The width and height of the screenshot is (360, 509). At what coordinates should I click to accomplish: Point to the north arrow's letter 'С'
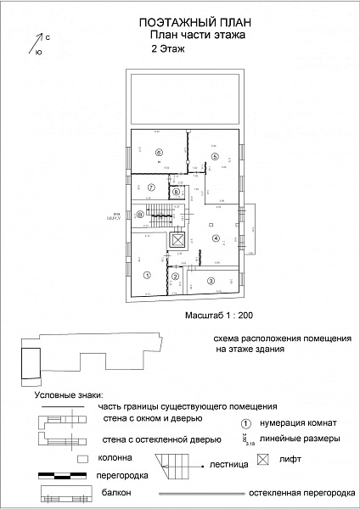tap(48, 37)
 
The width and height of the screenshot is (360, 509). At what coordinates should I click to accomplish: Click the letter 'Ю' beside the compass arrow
tap(38, 52)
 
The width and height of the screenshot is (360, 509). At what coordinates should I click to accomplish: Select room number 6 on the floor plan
tap(158, 152)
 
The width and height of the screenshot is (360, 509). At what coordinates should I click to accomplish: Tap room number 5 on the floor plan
tap(216, 157)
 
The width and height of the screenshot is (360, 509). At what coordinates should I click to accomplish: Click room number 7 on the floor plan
tap(150, 187)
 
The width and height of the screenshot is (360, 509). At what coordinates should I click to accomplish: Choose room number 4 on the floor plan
tap(216, 238)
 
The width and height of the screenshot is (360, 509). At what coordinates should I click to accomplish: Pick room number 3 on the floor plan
tap(211, 281)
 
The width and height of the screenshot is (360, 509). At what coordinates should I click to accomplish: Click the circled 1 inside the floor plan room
tap(146, 275)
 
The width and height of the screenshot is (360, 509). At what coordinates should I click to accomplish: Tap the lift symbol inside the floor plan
tap(177, 241)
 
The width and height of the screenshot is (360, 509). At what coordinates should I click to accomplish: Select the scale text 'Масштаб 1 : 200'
tap(219, 314)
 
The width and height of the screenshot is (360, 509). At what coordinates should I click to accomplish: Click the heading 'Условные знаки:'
tap(68, 395)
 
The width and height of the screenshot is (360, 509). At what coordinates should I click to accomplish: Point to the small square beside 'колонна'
tap(82, 458)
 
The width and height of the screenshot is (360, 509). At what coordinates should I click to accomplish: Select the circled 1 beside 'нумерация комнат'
tap(245, 422)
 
